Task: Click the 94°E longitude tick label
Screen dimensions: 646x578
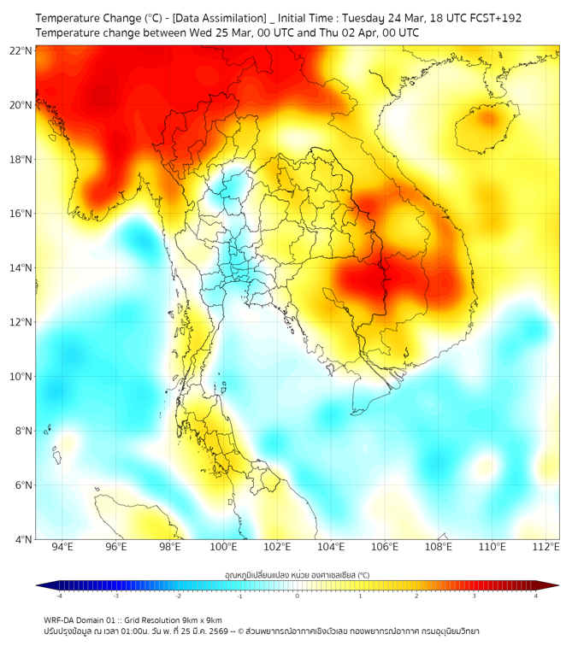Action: (62, 547)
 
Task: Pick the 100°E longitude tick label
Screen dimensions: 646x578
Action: (223, 547)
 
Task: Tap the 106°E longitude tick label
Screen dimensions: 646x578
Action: (385, 547)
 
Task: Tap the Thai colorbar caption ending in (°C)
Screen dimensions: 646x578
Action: (298, 575)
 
